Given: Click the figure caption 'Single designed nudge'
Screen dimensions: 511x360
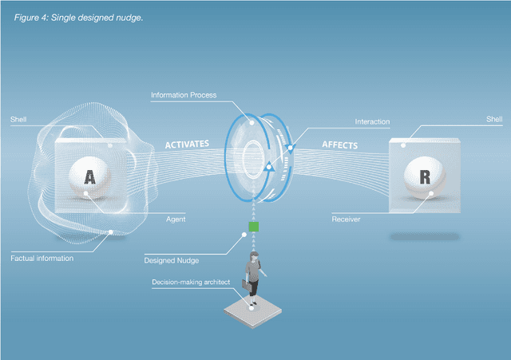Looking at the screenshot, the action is pyautogui.click(x=79, y=17).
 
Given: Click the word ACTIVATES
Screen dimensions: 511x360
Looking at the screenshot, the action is pyautogui.click(x=187, y=145).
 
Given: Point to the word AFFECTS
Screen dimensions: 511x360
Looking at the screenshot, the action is pyautogui.click(x=339, y=145).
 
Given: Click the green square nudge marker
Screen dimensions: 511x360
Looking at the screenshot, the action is pyautogui.click(x=253, y=227).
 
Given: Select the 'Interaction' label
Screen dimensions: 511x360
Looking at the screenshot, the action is pyautogui.click(x=372, y=122).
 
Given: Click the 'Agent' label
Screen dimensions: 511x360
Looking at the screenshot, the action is pyautogui.click(x=176, y=218).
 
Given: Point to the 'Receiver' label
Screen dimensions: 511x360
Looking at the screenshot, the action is pyautogui.click(x=348, y=218).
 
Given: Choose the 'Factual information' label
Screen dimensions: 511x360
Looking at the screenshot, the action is pyautogui.click(x=42, y=258).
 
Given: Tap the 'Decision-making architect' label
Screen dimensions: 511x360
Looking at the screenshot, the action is pyautogui.click(x=188, y=282).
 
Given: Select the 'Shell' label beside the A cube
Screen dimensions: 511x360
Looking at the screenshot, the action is pyautogui.click(x=18, y=120).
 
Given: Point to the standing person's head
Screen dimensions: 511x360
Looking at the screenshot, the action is pyautogui.click(x=255, y=257).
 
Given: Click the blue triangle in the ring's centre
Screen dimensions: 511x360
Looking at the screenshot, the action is pyautogui.click(x=269, y=167).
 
